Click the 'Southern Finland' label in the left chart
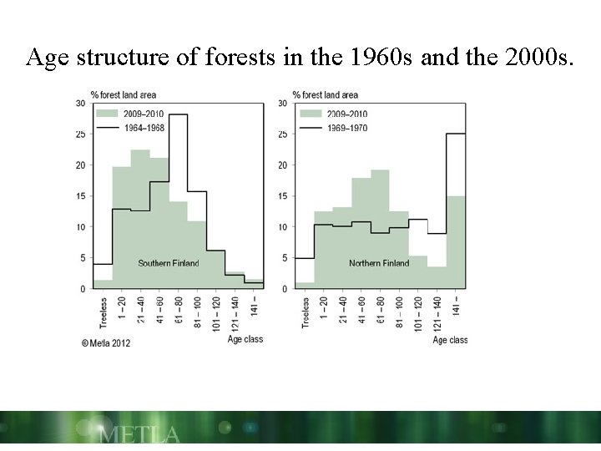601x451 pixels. click(169, 264)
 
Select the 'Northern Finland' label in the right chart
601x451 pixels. click(379, 264)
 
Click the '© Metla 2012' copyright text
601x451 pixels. click(106, 342)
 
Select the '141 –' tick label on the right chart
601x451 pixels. click(456, 306)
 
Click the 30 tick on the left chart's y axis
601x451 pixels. click(81, 104)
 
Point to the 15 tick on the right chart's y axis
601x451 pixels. click(284, 196)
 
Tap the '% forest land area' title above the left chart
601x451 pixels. click(124, 94)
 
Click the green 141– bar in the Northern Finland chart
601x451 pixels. click(456, 242)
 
